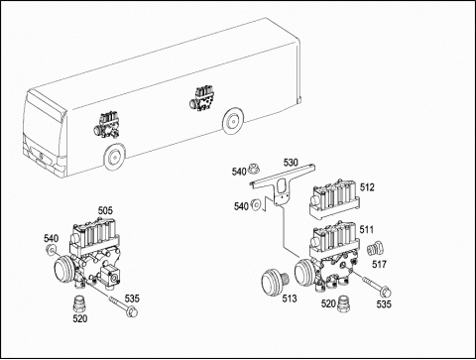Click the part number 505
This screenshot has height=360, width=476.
[105, 210]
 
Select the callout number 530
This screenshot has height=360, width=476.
[291, 163]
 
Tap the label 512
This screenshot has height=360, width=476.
[367, 187]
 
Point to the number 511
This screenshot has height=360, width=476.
[367, 229]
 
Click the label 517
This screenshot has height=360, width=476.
[379, 264]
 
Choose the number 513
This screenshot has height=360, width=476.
[290, 299]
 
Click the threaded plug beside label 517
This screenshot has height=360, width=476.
[376, 249]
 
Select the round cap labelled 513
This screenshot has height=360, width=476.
[274, 282]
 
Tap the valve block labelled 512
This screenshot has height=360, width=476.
[334, 198]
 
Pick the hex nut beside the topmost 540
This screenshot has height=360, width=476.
[254, 168]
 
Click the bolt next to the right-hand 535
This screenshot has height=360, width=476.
[377, 286]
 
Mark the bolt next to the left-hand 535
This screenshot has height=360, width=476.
[123, 304]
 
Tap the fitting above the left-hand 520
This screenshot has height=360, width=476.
[78, 302]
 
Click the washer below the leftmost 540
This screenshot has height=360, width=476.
[52, 250]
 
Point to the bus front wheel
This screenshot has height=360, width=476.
[114, 158]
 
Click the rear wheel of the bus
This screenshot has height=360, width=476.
[233, 120]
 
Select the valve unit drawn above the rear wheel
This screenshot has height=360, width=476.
[202, 99]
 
